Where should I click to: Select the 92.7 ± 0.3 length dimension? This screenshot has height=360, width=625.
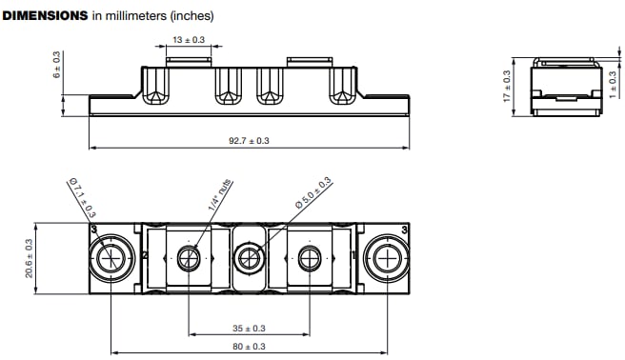[249, 141]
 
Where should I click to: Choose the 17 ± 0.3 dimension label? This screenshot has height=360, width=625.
[507, 86]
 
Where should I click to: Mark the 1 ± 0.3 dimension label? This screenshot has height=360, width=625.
[613, 87]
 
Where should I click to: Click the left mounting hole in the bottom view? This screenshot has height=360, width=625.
[111, 257]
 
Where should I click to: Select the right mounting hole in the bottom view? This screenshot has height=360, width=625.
[389, 257]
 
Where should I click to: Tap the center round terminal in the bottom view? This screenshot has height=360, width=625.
[250, 257]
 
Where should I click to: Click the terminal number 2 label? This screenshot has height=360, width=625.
[144, 256]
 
